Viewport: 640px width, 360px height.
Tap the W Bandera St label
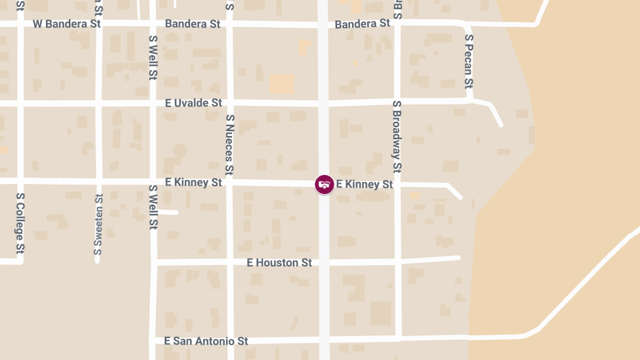pyautogui.click(x=67, y=24)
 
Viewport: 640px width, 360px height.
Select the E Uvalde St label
pyautogui.click(x=193, y=103)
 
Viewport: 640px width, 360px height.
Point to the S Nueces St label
pyautogui.click(x=230, y=145)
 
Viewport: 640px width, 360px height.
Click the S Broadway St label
pyautogui.click(x=397, y=137)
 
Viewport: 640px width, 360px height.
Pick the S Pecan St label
pyautogui.click(x=469, y=61)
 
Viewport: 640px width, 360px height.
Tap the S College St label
pyautogui.click(x=20, y=223)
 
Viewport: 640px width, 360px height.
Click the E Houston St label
pyautogui.click(x=279, y=262)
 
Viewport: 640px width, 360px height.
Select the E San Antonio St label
pyautogui.click(x=206, y=341)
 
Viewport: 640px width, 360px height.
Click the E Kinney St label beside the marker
pyautogui.click(x=365, y=185)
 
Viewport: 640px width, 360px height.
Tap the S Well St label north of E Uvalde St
pyautogui.click(x=153, y=58)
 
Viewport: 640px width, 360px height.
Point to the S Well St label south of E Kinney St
pyautogui.click(x=153, y=207)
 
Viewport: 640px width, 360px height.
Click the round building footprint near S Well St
pyautogui.click(x=180, y=150)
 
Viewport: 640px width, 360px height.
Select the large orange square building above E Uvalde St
pyautogui.click(x=282, y=84)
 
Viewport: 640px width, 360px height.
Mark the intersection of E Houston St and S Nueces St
pyautogui.click(x=230, y=262)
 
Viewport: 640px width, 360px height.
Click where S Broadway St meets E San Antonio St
pyautogui.click(x=398, y=338)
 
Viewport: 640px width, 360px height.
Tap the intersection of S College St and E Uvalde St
pyautogui.click(x=20, y=103)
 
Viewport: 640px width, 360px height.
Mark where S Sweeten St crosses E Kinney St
pyautogui.click(x=99, y=181)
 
